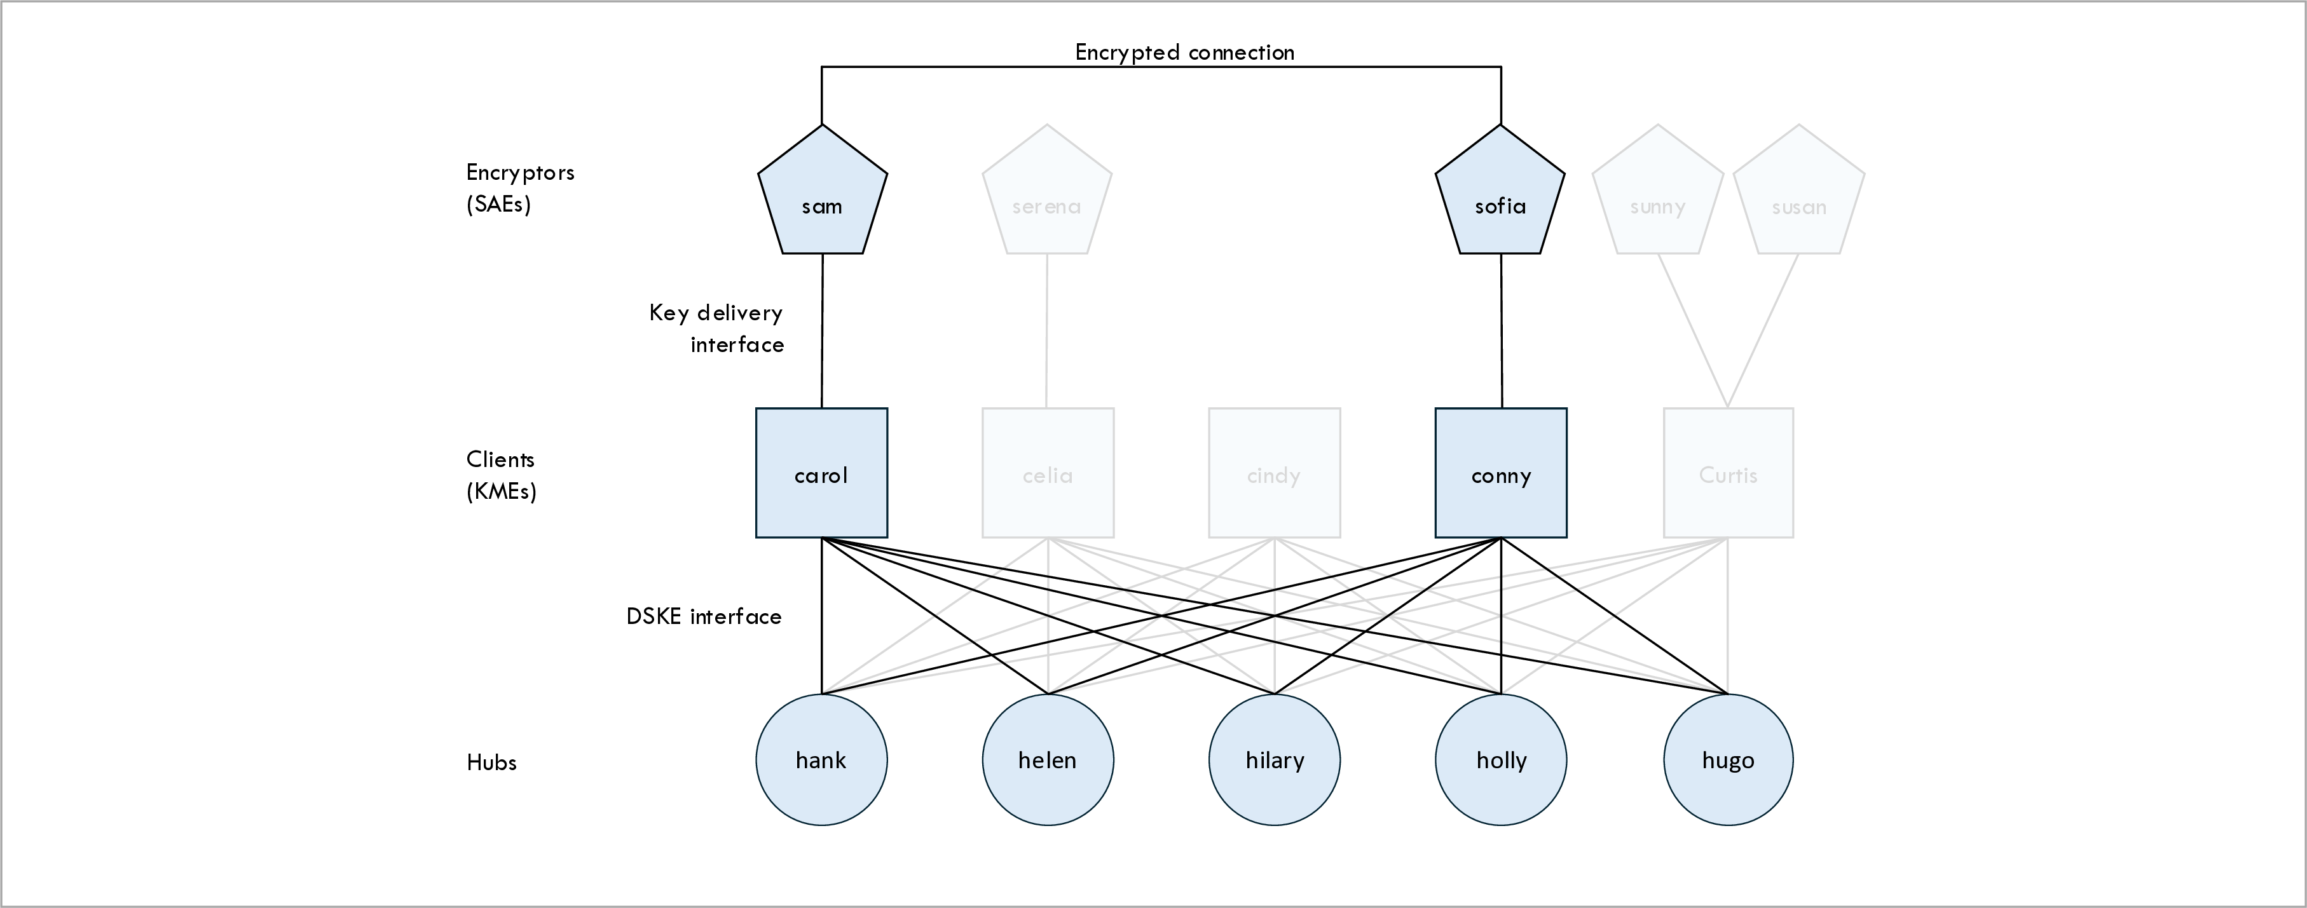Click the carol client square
(821, 473)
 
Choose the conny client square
(1501, 473)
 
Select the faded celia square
(1048, 473)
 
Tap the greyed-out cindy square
(1275, 473)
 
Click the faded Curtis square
(1729, 473)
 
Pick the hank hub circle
(821, 759)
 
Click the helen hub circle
(1048, 759)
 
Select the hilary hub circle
(1275, 759)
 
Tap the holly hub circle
(1501, 759)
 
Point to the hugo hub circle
(1729, 759)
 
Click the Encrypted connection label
(1184, 52)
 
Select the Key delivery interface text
(716, 328)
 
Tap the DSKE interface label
(703, 616)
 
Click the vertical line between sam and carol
(822, 331)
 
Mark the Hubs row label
(491, 762)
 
